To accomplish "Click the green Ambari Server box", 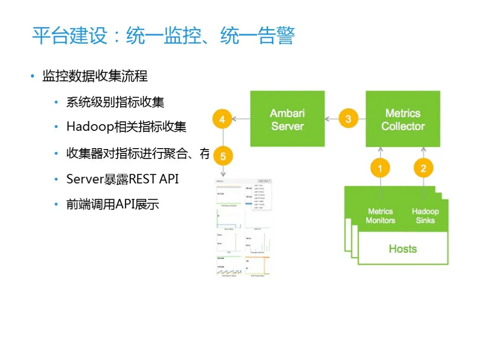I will (x=287, y=119).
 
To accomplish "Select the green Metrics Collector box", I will (x=403, y=119).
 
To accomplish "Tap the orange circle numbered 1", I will (x=380, y=168).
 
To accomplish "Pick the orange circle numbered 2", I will (x=423, y=168).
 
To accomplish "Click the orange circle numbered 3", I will (x=348, y=119).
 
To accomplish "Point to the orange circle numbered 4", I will (x=222, y=119).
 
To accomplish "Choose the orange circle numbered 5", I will (x=223, y=156).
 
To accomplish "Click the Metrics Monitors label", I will (x=380, y=216).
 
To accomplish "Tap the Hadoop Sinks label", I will (x=425, y=216).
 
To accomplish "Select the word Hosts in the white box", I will (x=403, y=249).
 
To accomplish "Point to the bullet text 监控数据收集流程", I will (x=95, y=76).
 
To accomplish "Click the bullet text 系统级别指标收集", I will (x=115, y=102).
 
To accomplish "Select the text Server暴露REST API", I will (x=122, y=179).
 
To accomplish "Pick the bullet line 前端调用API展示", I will (x=112, y=204).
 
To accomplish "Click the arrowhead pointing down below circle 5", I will (x=223, y=174).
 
